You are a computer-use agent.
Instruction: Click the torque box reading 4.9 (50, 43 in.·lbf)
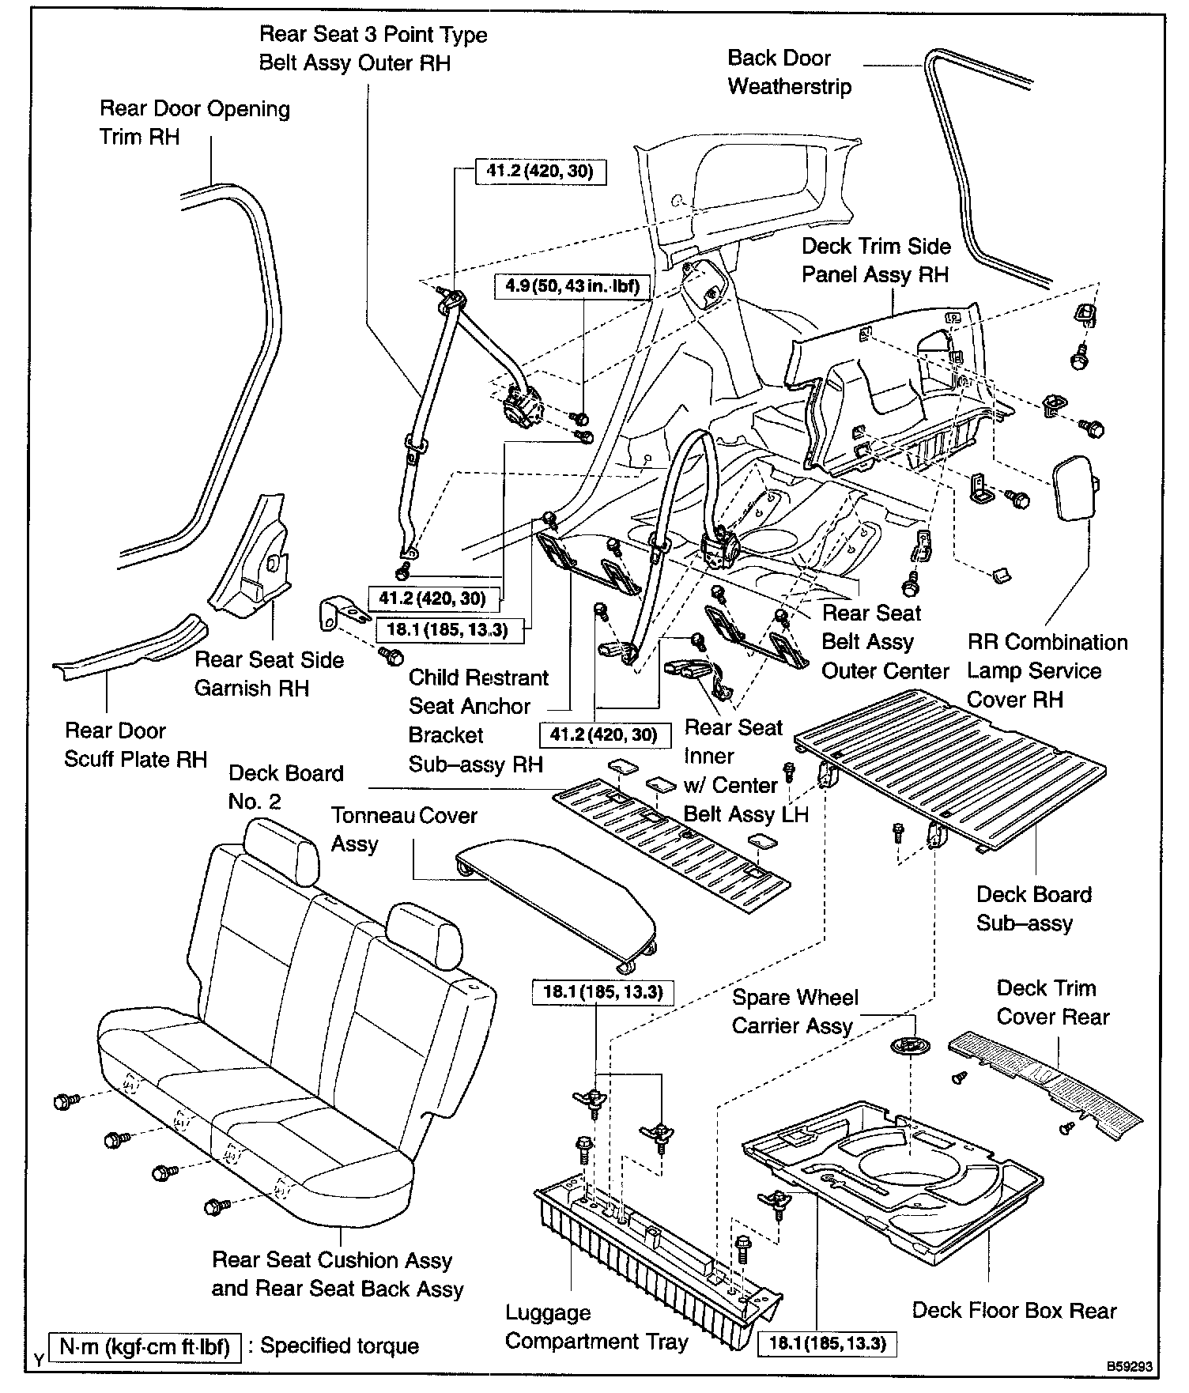[x=572, y=285]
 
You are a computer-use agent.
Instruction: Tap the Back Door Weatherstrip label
[x=789, y=72]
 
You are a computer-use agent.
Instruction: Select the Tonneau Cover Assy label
[x=403, y=829]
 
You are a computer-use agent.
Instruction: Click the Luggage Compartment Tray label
[x=596, y=1327]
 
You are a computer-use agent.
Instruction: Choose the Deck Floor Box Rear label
[x=1013, y=1311]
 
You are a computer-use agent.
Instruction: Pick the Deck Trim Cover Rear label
[x=1052, y=1002]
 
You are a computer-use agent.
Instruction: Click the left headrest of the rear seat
[x=274, y=850]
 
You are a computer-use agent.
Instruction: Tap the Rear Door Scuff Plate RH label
[x=134, y=745]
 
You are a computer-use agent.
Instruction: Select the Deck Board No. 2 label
[x=285, y=787]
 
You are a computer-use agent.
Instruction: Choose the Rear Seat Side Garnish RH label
[x=269, y=674]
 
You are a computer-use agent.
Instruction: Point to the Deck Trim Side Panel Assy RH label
[x=875, y=260]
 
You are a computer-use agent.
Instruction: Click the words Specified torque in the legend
[x=340, y=1346]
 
